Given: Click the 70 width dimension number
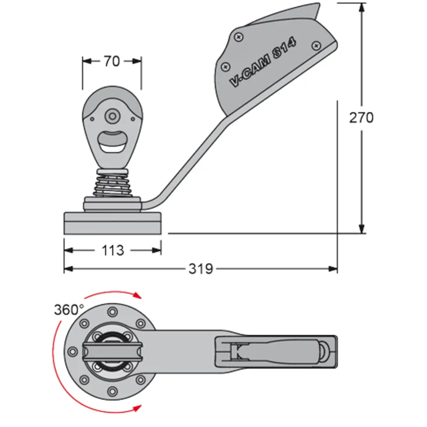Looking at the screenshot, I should click(x=112, y=61).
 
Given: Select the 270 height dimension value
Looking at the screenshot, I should click(x=361, y=117).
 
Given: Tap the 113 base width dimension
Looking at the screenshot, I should click(x=112, y=250).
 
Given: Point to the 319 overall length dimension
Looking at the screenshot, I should click(x=201, y=268).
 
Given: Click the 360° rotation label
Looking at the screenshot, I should click(x=69, y=310).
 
